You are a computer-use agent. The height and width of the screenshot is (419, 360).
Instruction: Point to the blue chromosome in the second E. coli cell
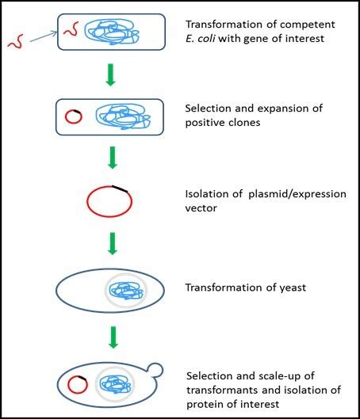tap(120, 118)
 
